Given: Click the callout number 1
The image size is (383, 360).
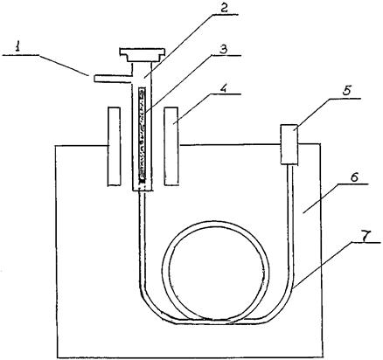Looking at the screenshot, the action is pos(18,46).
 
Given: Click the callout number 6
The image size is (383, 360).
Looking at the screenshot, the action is pos(353,177).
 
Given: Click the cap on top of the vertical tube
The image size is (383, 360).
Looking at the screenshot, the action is pos(143,55).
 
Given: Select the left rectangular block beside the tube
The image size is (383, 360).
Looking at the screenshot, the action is pos(114,146).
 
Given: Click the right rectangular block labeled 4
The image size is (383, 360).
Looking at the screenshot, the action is pos(171,146).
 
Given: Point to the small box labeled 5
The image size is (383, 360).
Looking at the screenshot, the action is pos(289,144).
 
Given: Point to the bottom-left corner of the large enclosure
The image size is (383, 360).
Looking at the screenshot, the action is pos(59,357).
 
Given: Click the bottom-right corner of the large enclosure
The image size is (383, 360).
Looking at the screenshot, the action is pos(323,357).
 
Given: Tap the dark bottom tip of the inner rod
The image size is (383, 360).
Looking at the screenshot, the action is pos(142,181).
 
